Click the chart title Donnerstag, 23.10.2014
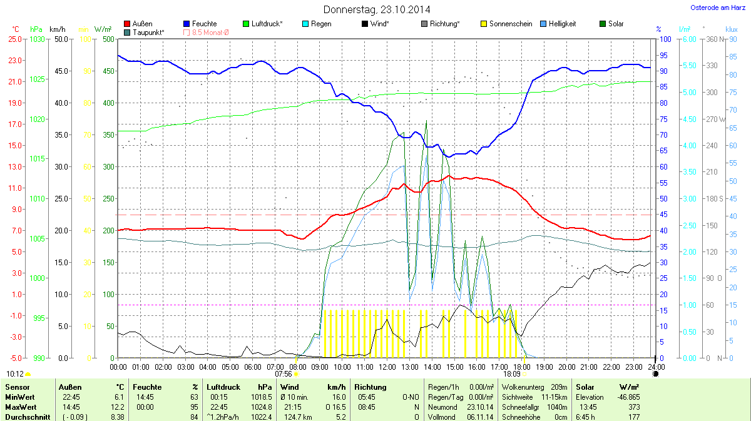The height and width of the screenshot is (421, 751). [377, 9]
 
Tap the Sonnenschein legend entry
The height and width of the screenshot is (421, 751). [506, 24]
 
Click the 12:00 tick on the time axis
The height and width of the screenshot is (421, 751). [387, 367]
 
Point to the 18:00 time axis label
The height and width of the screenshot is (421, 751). [521, 367]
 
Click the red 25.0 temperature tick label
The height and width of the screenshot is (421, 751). [15, 39]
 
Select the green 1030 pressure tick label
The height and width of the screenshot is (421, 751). [38, 39]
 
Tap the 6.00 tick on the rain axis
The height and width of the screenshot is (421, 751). [688, 39]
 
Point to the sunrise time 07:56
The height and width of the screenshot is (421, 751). [284, 374]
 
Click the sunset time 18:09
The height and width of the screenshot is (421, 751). [511, 374]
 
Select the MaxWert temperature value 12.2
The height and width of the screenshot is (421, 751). [118, 407]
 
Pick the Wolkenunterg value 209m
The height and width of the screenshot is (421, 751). [558, 387]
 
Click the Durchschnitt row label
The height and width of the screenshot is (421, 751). [28, 417]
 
